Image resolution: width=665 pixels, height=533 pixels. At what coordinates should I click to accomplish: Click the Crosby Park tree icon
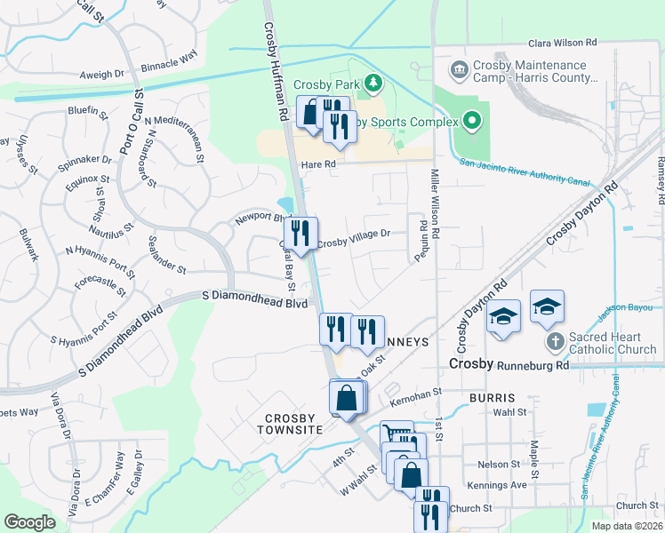(374, 84)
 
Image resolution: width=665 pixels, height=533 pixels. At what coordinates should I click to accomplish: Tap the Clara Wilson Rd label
(562, 43)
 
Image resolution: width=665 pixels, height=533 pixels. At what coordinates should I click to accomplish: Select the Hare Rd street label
(318, 164)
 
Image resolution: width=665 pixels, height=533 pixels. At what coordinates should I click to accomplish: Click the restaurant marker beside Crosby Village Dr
(301, 234)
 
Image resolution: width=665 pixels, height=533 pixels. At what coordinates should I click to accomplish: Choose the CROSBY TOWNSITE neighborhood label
(291, 424)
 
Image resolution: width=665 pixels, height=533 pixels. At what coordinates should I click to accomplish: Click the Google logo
(29, 522)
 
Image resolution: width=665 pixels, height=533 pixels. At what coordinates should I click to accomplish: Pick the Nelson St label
(498, 465)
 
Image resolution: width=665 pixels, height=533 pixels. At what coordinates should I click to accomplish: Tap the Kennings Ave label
(502, 485)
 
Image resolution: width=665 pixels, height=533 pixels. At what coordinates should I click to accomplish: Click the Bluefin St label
(87, 112)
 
